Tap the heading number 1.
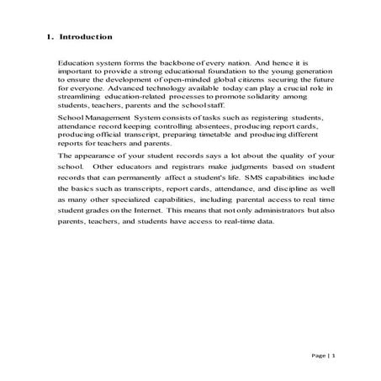48,37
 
